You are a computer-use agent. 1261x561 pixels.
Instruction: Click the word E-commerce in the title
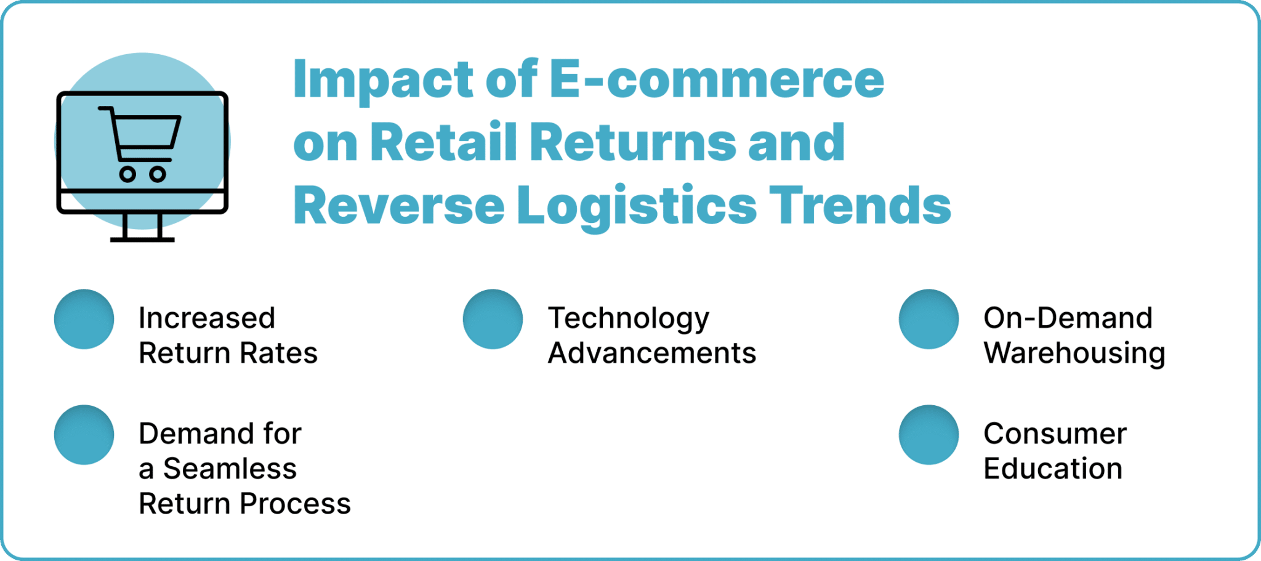[x=716, y=79]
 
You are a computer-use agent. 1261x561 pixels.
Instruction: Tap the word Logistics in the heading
[x=636, y=206]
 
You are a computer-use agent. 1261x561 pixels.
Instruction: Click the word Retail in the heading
[x=443, y=142]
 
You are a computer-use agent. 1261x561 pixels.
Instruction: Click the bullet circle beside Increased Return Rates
[x=84, y=319]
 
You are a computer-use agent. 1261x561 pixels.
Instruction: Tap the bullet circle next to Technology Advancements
[x=493, y=319]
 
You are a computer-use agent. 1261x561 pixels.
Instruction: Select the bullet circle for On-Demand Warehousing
[x=929, y=319]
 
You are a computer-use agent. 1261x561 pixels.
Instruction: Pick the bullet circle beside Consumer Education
[x=929, y=435]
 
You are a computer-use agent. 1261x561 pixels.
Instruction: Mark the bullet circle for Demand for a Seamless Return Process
[x=84, y=435]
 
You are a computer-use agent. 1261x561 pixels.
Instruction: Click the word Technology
[x=629, y=319]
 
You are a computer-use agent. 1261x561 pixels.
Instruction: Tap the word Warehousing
[x=1074, y=354]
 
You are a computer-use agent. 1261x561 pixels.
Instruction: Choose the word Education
[x=1053, y=469]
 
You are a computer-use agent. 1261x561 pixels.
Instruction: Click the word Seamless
[x=230, y=469]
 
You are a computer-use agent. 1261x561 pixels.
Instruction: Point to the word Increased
[x=207, y=318]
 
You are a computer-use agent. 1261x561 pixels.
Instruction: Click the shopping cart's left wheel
[x=127, y=174]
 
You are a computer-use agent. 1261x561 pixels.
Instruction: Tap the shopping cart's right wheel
[x=158, y=174]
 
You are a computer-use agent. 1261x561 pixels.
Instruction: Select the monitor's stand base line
[x=142, y=239]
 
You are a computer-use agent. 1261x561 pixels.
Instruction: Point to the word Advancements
[x=652, y=353]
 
